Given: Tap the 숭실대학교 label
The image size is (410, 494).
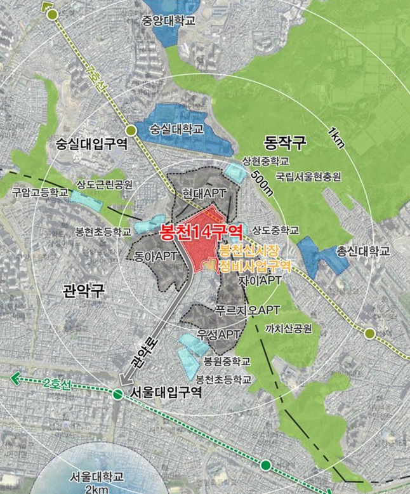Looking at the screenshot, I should [176, 129].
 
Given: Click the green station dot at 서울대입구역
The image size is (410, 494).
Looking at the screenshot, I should [117, 394].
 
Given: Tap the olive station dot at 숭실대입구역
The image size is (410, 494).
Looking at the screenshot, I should [131, 131].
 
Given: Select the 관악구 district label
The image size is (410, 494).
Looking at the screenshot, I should [83, 292].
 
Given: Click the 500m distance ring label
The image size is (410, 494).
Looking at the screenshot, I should [261, 181].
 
